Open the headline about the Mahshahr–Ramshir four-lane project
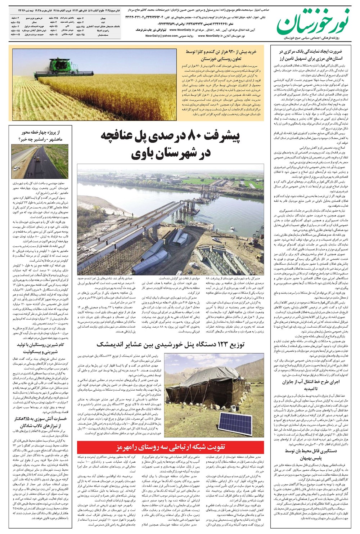tap(40, 136)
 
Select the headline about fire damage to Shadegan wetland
tap(40, 422)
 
